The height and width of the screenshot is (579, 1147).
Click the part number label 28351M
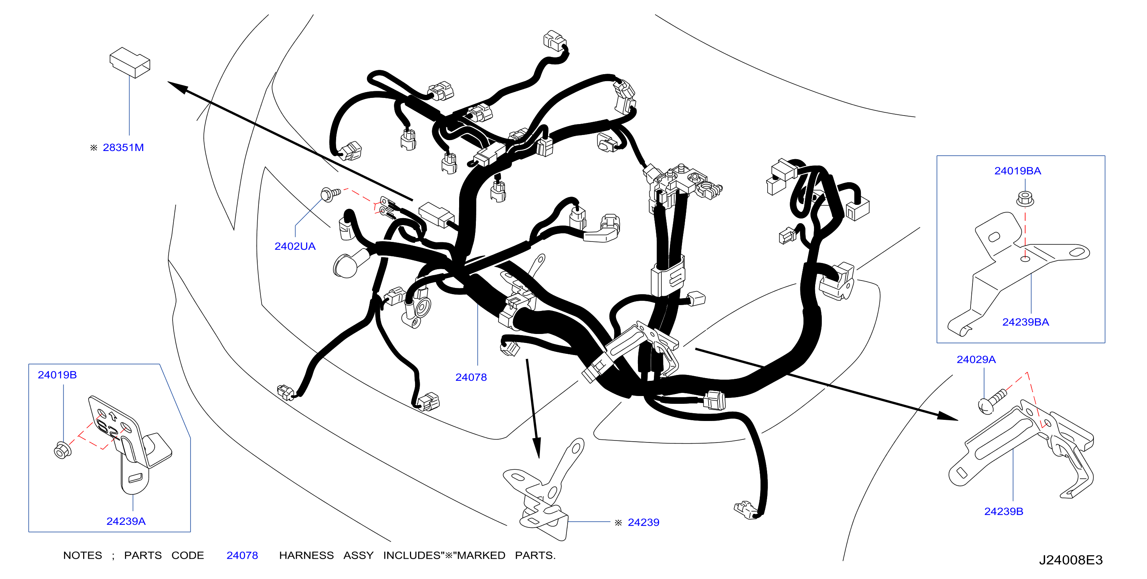click(x=123, y=147)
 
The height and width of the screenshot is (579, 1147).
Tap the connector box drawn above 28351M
click(x=130, y=62)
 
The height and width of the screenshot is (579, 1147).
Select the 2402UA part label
click(x=295, y=246)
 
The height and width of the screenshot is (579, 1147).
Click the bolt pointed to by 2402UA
click(x=330, y=194)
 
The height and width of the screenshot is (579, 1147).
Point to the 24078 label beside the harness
click(x=471, y=377)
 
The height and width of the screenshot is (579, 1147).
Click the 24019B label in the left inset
click(x=57, y=375)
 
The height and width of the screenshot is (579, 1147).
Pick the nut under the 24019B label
click(x=62, y=450)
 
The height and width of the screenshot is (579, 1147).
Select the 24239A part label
click(x=126, y=521)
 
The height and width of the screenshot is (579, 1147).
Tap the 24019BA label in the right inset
click(x=1017, y=171)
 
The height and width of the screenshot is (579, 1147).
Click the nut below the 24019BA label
click(x=1025, y=199)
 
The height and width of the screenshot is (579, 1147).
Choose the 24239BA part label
click(x=1026, y=322)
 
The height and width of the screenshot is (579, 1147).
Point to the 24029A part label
click(x=976, y=359)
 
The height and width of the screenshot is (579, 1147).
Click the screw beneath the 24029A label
click(x=992, y=401)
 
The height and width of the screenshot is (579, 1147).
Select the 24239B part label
click(x=1004, y=512)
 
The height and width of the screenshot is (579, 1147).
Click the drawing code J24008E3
click(x=1071, y=560)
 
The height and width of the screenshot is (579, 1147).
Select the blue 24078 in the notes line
click(x=242, y=556)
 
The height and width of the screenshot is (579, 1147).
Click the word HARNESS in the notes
click(x=306, y=556)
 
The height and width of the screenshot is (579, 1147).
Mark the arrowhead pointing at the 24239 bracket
click(x=537, y=447)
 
